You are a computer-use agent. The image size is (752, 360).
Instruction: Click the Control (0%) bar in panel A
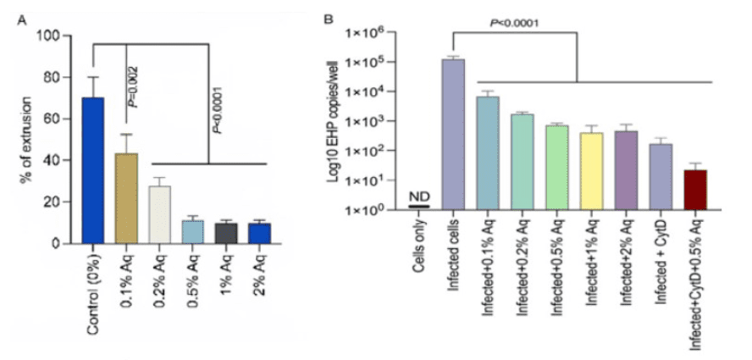tap(93, 170)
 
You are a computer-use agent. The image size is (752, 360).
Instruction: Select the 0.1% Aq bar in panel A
tap(126, 198)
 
